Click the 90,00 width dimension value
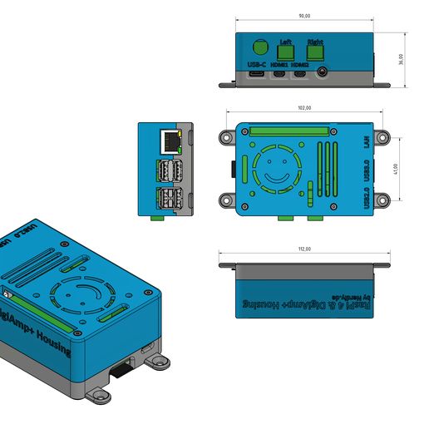pyautogui.click(x=304, y=17)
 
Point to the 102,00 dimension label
pyautogui.click(x=304, y=108)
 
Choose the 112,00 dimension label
pyautogui.click(x=304, y=249)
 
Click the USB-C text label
pyautogui.click(x=256, y=64)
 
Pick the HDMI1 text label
pyautogui.click(x=279, y=64)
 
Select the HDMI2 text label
pyautogui.click(x=300, y=64)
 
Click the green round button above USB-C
pyautogui.click(x=259, y=48)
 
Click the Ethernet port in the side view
pyautogui.click(x=170, y=141)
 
